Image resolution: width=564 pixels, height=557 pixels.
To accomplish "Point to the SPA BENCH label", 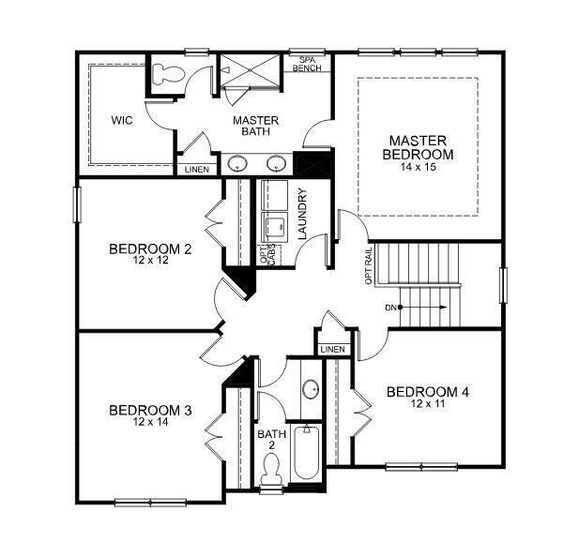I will [x=306, y=63].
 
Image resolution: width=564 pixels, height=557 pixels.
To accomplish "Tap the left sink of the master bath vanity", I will [x=237, y=161].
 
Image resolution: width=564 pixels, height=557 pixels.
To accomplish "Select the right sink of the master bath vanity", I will [x=275, y=161].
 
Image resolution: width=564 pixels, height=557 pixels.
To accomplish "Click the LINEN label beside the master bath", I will [x=196, y=170].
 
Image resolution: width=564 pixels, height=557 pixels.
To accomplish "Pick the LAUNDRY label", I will [x=302, y=215].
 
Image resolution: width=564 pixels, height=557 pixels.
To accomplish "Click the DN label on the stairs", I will [x=390, y=308].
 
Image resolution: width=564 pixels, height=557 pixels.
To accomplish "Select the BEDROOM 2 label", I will [x=150, y=248].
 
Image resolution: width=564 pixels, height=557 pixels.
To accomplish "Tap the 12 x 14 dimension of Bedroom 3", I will [x=150, y=423].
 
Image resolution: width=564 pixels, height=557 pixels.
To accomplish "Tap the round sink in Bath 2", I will [x=309, y=389].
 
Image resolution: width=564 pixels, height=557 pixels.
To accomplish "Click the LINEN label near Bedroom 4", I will [x=332, y=350].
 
